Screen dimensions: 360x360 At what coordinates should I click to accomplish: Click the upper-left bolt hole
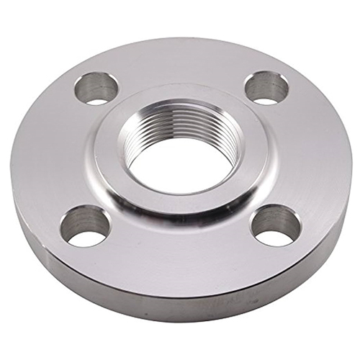pyautogui.click(x=96, y=87)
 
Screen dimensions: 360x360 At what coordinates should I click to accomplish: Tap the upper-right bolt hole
pyautogui.click(x=266, y=87)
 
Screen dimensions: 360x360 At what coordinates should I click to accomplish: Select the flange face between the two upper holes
pyautogui.click(x=180, y=61)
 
